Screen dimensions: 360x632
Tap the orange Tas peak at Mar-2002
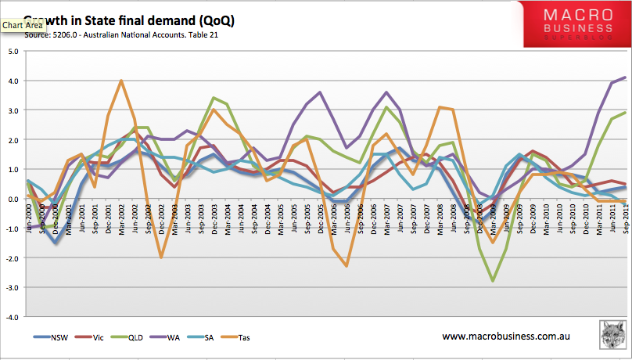pyautogui.click(x=121, y=81)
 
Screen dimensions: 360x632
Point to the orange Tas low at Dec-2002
pyautogui.click(x=160, y=257)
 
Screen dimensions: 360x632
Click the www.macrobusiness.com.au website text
pyautogui.click(x=504, y=337)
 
